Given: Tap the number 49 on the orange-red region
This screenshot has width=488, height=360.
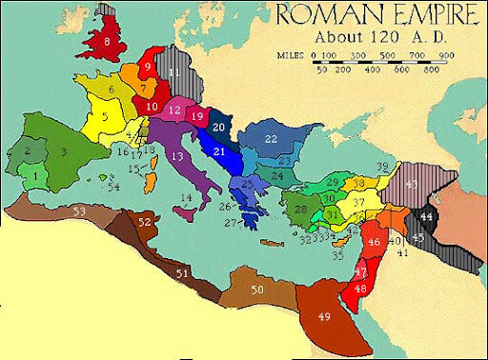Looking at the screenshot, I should [x=326, y=316].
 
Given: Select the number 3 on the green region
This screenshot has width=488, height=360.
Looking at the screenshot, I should [x=64, y=150].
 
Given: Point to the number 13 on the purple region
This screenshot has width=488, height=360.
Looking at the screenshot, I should [x=175, y=155].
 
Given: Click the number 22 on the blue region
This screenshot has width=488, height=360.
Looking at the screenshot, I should [x=271, y=139].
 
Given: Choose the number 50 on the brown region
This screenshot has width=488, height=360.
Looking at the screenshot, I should [x=256, y=290].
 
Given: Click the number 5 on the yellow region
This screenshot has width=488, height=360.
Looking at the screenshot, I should [x=105, y=117].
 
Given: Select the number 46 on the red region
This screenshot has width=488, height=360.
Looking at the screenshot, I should [x=374, y=242].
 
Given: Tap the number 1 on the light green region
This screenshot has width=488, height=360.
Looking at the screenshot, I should [x=35, y=174].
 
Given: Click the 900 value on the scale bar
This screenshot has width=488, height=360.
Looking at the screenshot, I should [x=446, y=55].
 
